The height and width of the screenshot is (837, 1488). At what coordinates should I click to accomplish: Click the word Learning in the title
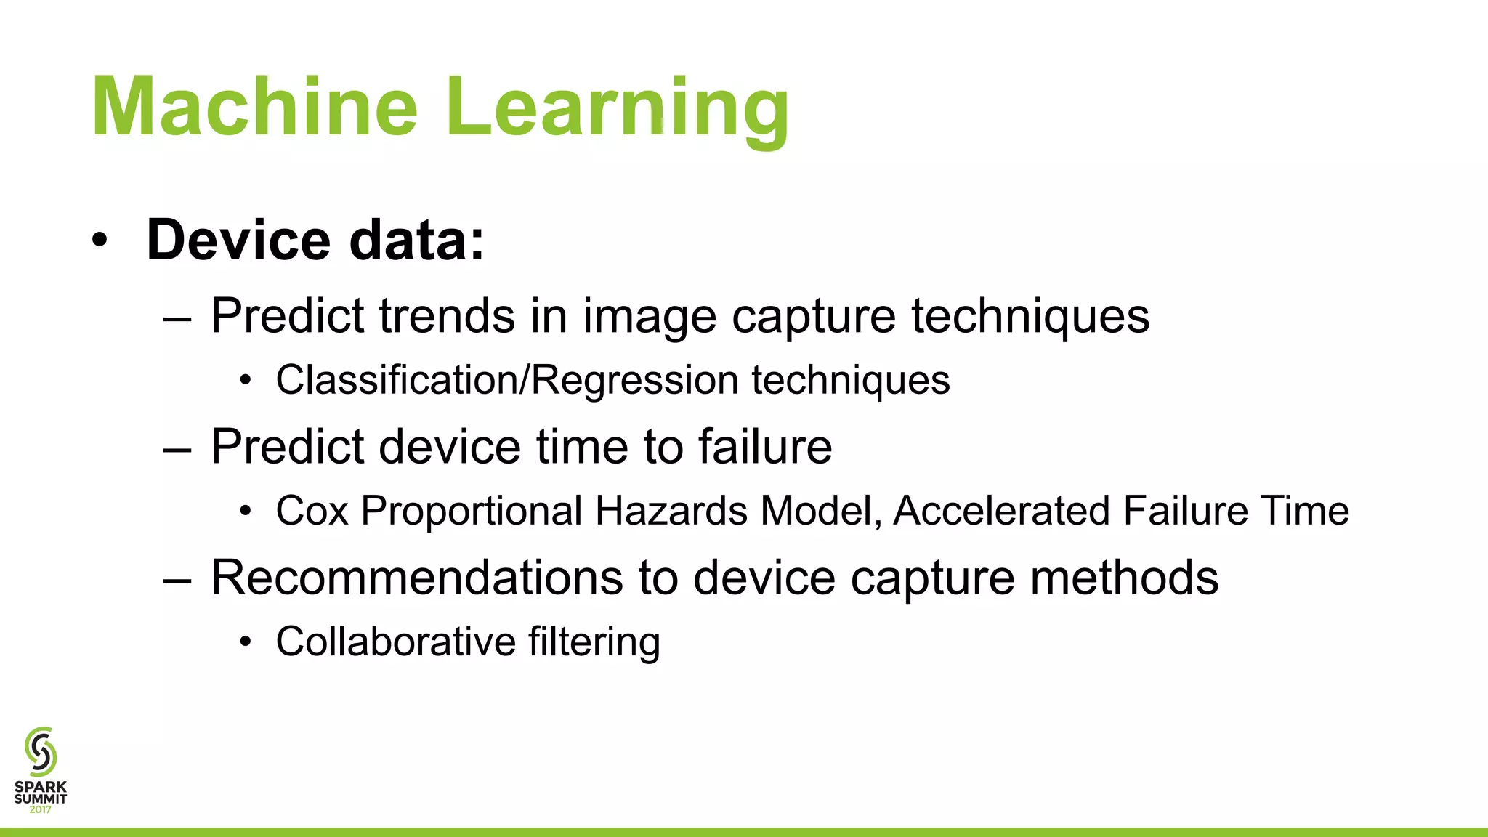[x=617, y=108]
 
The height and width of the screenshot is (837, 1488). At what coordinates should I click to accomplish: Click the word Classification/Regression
[x=507, y=380]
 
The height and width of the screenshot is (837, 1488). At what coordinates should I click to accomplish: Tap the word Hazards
[x=671, y=511]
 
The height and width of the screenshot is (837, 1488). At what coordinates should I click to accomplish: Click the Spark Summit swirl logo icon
[x=41, y=751]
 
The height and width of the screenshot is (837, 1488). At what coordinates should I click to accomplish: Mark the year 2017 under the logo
[x=41, y=809]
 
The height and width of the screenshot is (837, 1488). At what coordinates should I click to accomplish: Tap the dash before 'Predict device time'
[x=178, y=449]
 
